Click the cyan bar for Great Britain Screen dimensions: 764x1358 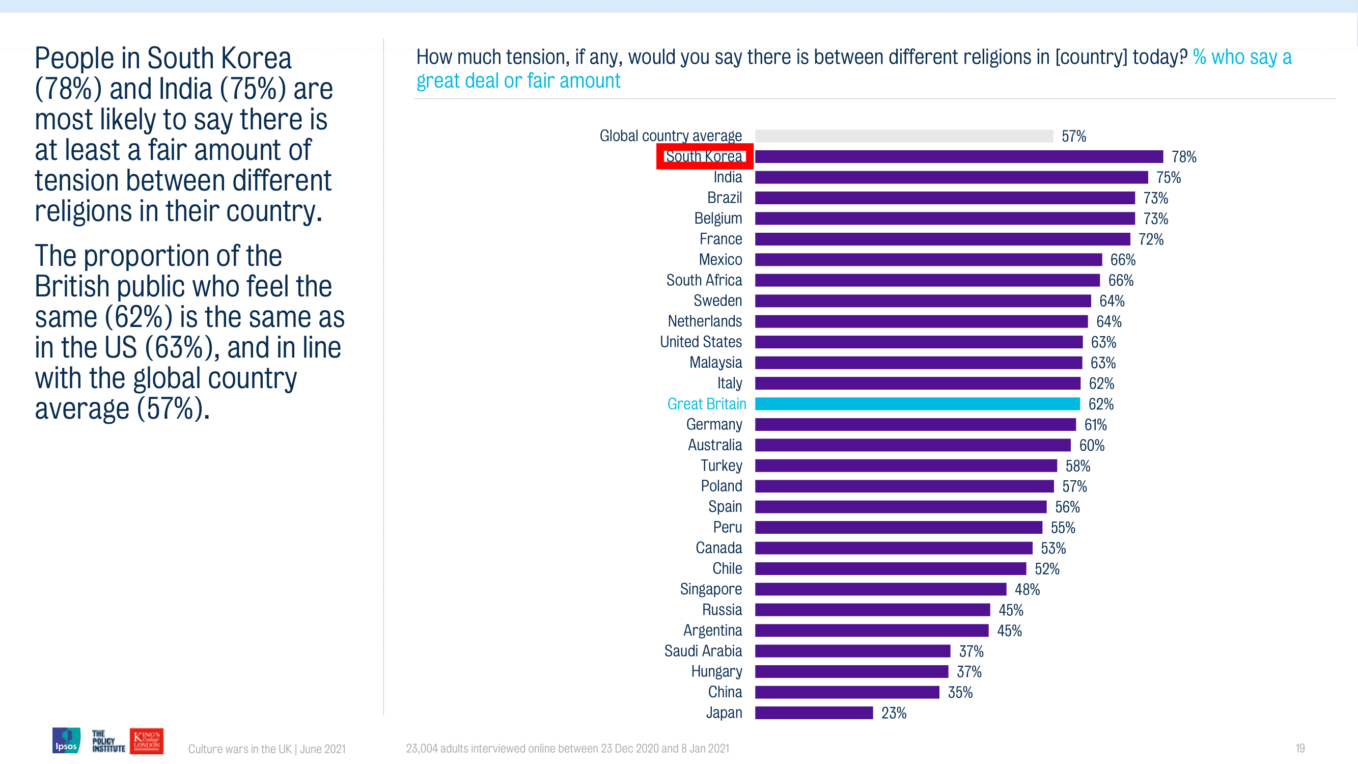pyautogui.click(x=917, y=404)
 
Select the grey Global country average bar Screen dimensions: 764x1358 pyautogui.click(x=904, y=136)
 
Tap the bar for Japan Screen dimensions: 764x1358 pyautogui.click(x=814, y=713)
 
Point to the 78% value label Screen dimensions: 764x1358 pyautogui.click(x=1183, y=157)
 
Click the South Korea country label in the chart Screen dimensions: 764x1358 pyautogui.click(x=704, y=156)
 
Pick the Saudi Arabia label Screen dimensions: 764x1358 pyautogui.click(x=703, y=651)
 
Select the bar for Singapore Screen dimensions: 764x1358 pyautogui.click(x=880, y=589)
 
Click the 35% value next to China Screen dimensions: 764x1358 pyautogui.click(x=960, y=692)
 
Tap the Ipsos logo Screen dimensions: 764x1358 pyautogui.click(x=66, y=740)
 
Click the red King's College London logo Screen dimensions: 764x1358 pyautogui.click(x=147, y=740)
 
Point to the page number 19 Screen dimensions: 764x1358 pyautogui.click(x=1300, y=748)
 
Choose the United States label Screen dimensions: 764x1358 pyautogui.click(x=701, y=342)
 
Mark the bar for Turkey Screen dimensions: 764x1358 pyautogui.click(x=906, y=466)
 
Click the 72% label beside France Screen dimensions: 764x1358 pyautogui.click(x=1151, y=239)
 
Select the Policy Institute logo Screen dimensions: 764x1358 pyautogui.click(x=108, y=741)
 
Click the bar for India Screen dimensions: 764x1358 pyautogui.click(x=951, y=177)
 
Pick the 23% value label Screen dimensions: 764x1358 pyautogui.click(x=894, y=714)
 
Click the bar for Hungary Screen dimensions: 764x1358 pyautogui.click(x=851, y=672)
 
